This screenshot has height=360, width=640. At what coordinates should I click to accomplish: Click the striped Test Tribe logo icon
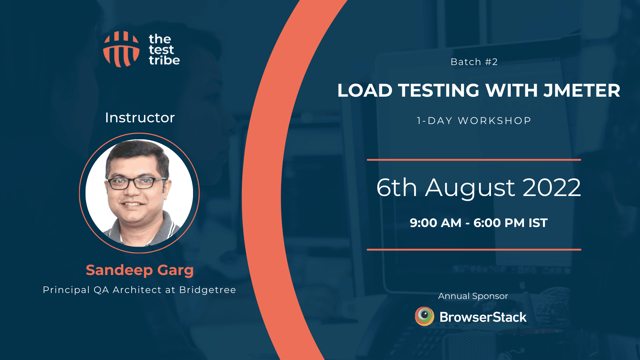point(121,49)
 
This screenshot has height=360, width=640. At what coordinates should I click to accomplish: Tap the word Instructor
point(140,118)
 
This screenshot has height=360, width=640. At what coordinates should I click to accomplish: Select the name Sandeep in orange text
point(119,270)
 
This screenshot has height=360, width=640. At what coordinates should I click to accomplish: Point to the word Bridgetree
point(207,290)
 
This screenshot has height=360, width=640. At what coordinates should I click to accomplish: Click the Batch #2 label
point(474,62)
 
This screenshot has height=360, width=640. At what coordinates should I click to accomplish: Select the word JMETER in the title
point(582,91)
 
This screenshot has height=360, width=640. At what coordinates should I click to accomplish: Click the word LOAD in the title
point(365,91)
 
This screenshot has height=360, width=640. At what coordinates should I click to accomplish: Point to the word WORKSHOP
point(494,121)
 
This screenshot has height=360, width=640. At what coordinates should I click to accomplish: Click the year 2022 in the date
point(552,187)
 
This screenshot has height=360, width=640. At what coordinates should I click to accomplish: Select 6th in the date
point(397,187)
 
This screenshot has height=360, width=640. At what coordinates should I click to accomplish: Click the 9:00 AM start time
point(435,223)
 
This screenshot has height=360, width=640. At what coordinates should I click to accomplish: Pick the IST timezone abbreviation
point(538,223)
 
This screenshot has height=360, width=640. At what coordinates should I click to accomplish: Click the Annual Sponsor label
point(473,296)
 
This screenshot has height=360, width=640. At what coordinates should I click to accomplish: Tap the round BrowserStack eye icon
point(424,316)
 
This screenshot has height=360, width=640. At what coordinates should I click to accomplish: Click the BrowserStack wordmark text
point(483,317)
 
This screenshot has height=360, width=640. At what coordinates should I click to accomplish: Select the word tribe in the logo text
point(164,60)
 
